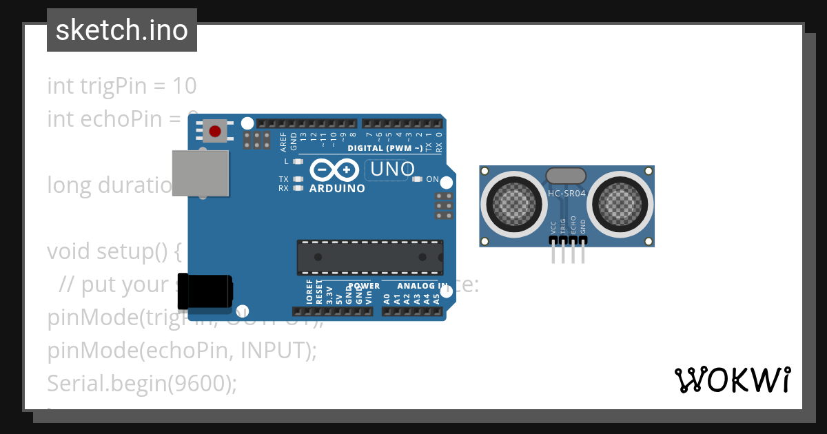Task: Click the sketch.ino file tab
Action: pos(122,30)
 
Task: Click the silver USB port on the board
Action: pos(200,174)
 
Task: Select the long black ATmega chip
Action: pos(370,256)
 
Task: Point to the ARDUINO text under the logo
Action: pos(337,188)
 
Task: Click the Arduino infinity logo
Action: pos(334,169)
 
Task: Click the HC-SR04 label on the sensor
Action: pos(566,194)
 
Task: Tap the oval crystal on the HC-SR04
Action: pos(566,176)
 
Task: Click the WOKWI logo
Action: pos(733,380)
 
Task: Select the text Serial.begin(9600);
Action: pos(142,383)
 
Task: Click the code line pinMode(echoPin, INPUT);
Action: pos(182,351)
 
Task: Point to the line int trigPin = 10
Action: pos(122,86)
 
